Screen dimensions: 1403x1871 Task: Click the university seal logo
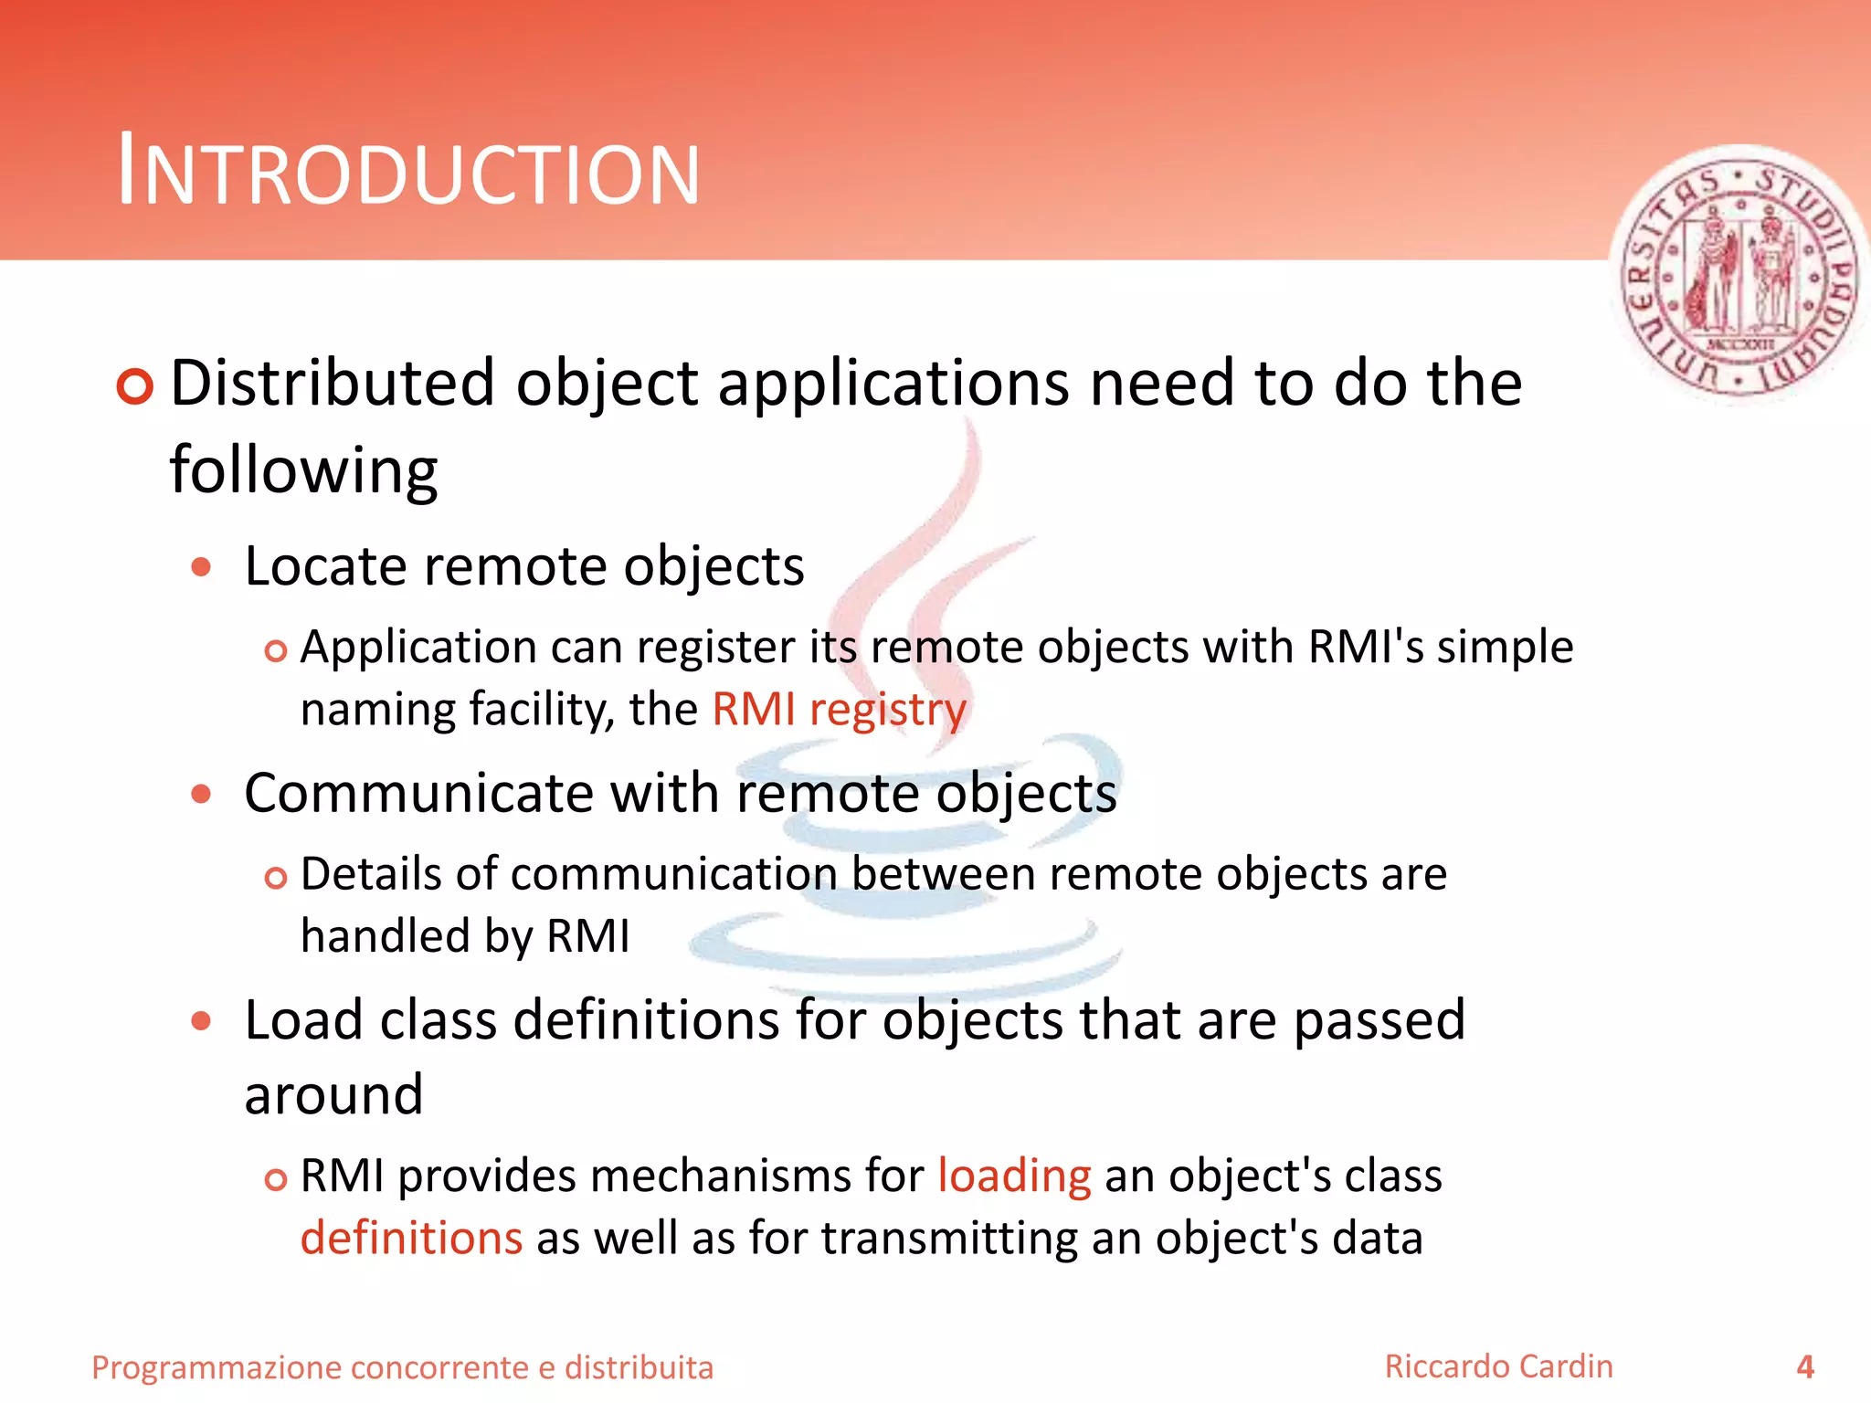click(1740, 274)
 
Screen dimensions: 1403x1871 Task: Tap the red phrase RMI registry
click(839, 710)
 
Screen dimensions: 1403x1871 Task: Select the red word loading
click(1014, 1176)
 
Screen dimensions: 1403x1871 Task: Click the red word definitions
click(411, 1239)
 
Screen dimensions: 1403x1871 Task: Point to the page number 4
click(1805, 1367)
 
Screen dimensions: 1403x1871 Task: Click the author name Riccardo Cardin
click(1498, 1366)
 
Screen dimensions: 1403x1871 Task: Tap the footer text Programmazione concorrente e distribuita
click(402, 1367)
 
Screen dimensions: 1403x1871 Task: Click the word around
click(333, 1094)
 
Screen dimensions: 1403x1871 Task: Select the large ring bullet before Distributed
click(135, 386)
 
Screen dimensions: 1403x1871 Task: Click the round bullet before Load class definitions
click(201, 1020)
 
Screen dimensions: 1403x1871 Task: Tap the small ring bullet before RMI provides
click(275, 1179)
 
